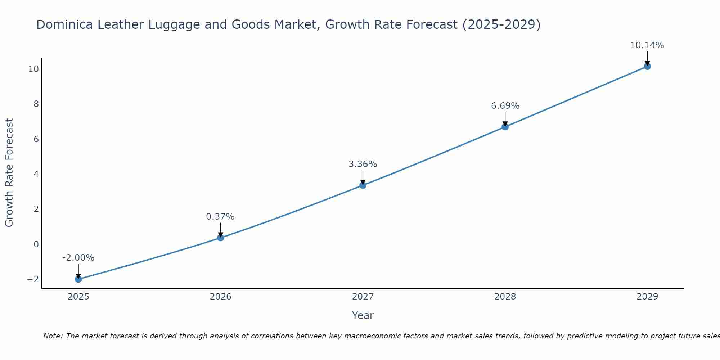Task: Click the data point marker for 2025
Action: point(78,279)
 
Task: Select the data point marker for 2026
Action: point(221,238)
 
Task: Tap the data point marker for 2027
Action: point(363,185)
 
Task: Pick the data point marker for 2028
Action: point(505,127)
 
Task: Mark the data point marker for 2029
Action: point(647,66)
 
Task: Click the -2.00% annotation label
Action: point(78,258)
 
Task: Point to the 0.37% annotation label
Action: point(220,217)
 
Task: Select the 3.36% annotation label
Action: point(363,164)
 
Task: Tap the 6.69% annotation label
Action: point(505,106)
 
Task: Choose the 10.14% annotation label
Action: point(647,45)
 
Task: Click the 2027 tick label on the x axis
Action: point(363,297)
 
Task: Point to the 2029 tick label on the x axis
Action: point(647,297)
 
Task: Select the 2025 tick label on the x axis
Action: point(78,297)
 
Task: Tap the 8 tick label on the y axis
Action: point(36,104)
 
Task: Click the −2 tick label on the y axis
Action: point(33,279)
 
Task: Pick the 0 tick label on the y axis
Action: point(36,244)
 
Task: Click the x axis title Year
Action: point(363,315)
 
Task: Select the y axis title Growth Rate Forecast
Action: point(9,173)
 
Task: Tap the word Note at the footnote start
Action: point(53,336)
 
